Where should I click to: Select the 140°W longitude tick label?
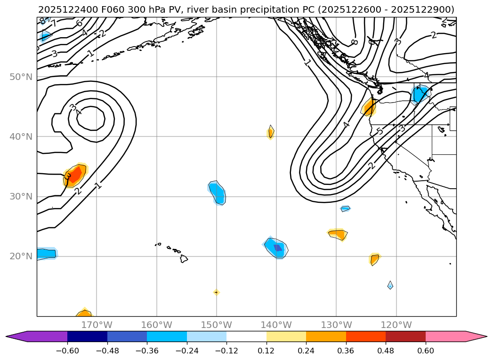click(276, 325)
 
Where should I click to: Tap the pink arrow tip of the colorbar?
click(476, 336)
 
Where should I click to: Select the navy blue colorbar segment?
click(87, 336)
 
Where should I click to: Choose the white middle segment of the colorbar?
click(246, 336)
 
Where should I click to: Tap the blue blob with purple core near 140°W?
click(276, 247)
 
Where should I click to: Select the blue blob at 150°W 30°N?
click(218, 193)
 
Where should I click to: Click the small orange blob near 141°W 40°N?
click(270, 133)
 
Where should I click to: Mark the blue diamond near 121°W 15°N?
click(390, 285)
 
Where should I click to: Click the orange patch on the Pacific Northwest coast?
click(370, 107)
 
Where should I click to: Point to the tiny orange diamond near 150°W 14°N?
click(216, 292)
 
